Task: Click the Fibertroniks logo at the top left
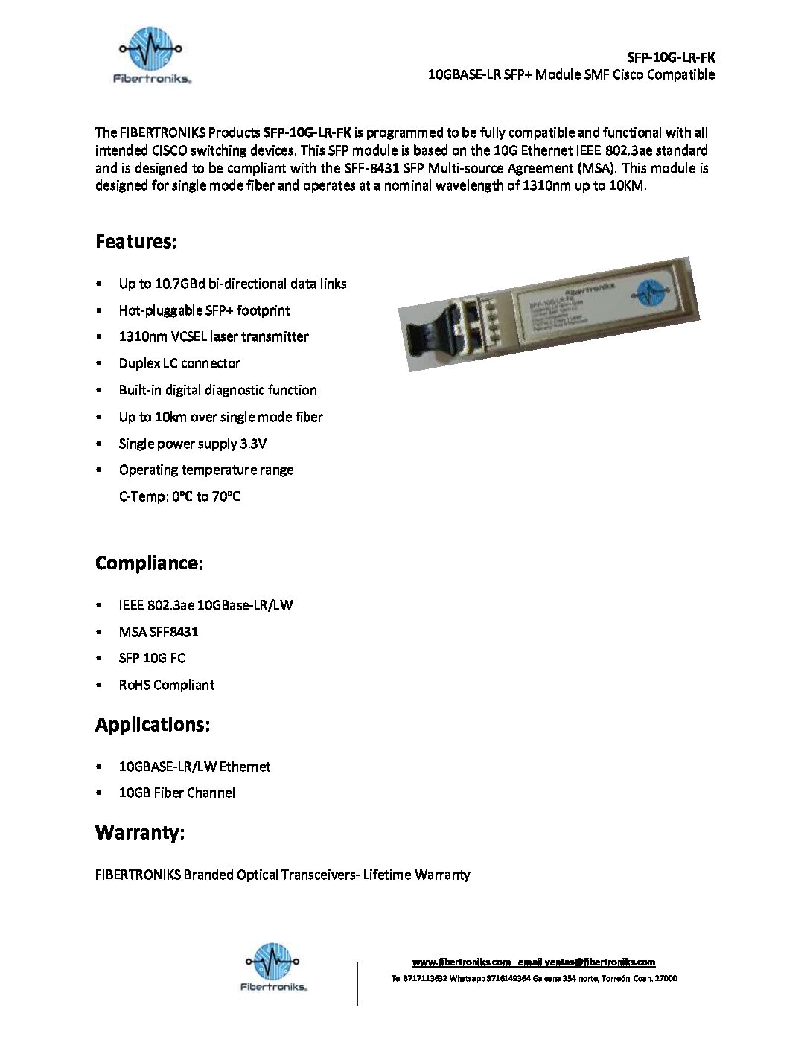(x=152, y=55)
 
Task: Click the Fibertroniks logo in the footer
(x=273, y=967)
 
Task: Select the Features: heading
(x=135, y=242)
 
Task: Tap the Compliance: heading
(x=149, y=563)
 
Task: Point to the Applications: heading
(x=153, y=725)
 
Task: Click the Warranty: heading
(x=140, y=833)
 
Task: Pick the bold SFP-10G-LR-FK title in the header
(x=671, y=57)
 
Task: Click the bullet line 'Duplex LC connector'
(x=179, y=363)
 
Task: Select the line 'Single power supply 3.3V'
(x=192, y=444)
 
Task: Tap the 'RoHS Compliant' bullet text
(x=166, y=685)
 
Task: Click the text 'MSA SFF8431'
(x=159, y=632)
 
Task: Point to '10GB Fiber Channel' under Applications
(x=176, y=793)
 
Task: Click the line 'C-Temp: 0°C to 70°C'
(x=179, y=496)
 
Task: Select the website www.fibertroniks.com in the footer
(x=462, y=962)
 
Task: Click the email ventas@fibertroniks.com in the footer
(x=599, y=962)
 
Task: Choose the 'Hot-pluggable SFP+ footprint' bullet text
(x=204, y=310)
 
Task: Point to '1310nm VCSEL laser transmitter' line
(x=214, y=336)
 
